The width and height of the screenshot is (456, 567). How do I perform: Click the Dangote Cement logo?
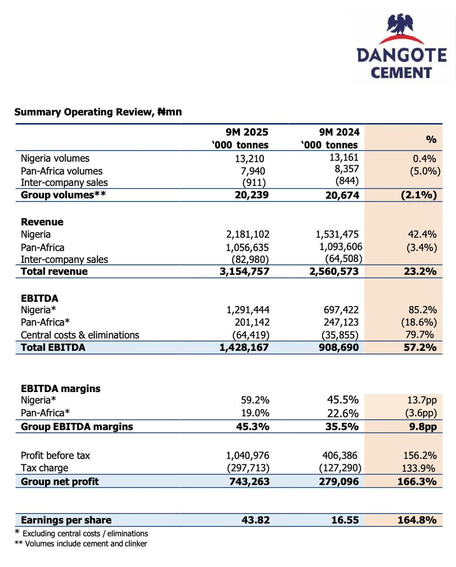coord(401,47)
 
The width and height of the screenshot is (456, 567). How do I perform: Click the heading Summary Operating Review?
coord(98,112)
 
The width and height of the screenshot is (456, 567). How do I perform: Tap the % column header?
coord(431,139)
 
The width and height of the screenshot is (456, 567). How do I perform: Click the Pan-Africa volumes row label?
coord(62,171)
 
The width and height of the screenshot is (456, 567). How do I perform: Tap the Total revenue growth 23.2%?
coord(423,271)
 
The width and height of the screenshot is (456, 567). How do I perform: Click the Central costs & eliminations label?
coord(80,335)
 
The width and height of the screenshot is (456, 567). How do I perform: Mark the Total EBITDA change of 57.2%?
coord(423,348)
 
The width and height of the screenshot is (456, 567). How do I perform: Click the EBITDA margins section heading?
coord(61,389)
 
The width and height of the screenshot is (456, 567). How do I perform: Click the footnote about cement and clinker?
coord(80,544)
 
